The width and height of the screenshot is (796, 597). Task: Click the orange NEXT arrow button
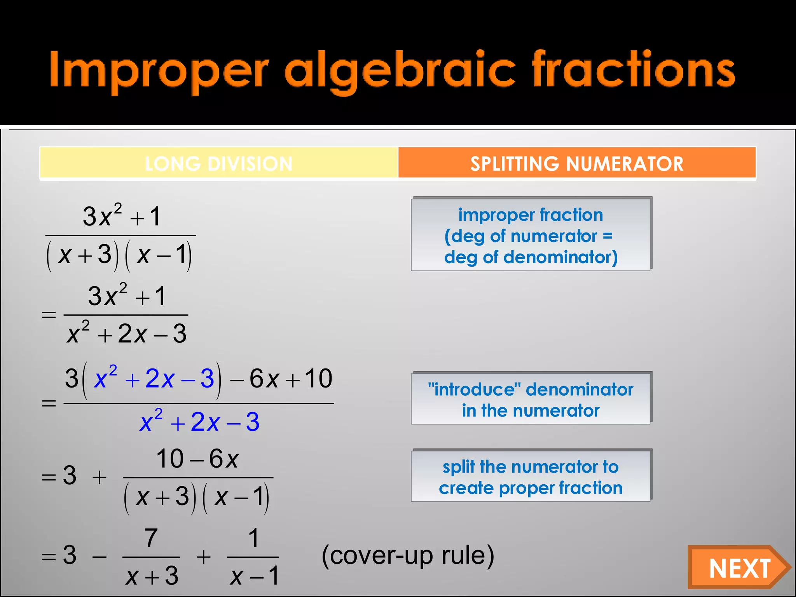(738, 568)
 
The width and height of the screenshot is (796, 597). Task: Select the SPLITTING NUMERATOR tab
(577, 164)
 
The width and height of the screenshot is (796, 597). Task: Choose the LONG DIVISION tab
(219, 164)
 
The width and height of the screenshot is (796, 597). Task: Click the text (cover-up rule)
(408, 555)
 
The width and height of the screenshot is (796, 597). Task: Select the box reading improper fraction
(531, 235)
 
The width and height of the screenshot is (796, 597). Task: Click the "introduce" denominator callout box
(531, 399)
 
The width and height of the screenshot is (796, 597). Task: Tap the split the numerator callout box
(531, 477)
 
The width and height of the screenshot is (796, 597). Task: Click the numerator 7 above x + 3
(151, 538)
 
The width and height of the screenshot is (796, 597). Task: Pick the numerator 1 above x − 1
(253, 538)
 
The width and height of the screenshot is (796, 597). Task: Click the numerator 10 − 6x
(197, 459)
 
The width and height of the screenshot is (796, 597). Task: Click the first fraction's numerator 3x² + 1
(121, 216)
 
